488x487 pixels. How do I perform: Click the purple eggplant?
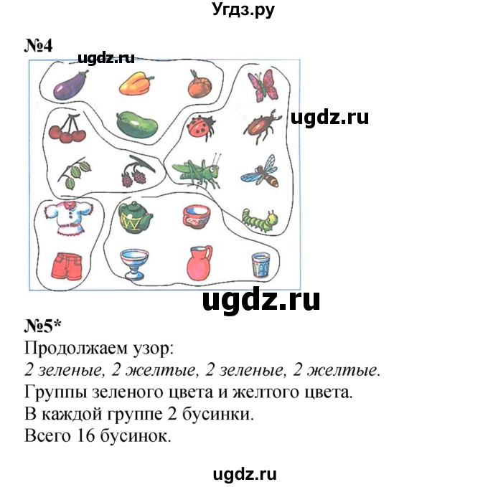[70, 85]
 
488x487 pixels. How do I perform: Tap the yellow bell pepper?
[136, 83]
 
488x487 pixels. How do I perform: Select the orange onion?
[200, 84]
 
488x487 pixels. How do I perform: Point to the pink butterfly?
[263, 85]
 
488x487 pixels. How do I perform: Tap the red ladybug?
[201, 128]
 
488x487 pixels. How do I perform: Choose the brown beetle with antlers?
[262, 126]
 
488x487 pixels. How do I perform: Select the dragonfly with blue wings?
[261, 171]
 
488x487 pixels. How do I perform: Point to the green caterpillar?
[261, 220]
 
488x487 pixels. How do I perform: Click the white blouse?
[69, 218]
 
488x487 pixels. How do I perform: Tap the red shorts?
[67, 266]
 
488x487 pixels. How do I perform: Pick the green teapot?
[135, 217]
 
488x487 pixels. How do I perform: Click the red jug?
[200, 263]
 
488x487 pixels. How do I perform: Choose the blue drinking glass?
[261, 265]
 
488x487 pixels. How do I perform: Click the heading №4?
[38, 46]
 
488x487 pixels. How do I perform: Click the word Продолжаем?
[76, 349]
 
